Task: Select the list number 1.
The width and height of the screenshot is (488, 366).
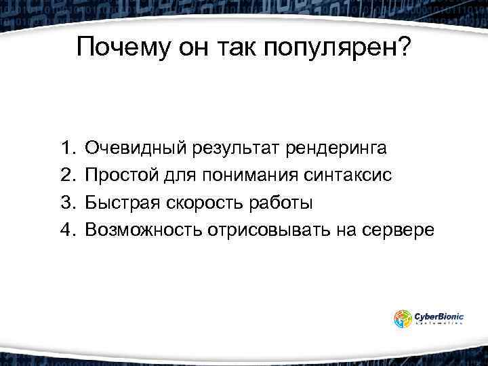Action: tap(66, 147)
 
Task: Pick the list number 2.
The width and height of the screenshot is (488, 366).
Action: tap(66, 175)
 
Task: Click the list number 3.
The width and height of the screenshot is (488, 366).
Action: tap(66, 203)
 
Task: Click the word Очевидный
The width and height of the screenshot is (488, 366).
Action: tap(137, 147)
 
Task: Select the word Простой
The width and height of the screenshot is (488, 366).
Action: tap(122, 175)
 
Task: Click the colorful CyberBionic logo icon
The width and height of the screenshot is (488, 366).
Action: tap(403, 319)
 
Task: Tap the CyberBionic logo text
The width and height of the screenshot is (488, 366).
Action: tap(439, 315)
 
